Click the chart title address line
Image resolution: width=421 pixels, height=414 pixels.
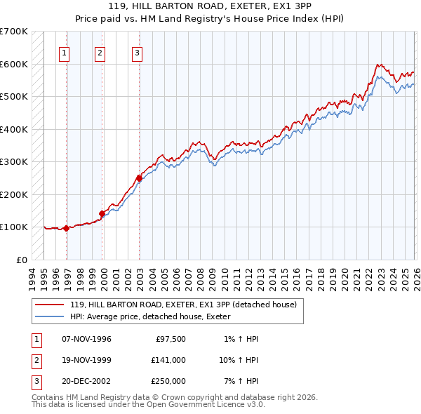pyautogui.click(x=210, y=7)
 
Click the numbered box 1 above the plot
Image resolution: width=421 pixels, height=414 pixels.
pyautogui.click(x=64, y=52)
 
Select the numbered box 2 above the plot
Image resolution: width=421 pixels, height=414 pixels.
pyautogui.click(x=100, y=52)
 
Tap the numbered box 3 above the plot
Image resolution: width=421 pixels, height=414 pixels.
pyautogui.click(x=137, y=52)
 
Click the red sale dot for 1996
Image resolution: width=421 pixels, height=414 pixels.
pyautogui.click(x=66, y=228)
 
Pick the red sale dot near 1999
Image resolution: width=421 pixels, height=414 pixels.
pyautogui.click(x=102, y=213)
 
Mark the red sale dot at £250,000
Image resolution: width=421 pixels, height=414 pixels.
pyautogui.click(x=139, y=178)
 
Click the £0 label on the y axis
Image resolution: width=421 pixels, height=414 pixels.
pyautogui.click(x=21, y=260)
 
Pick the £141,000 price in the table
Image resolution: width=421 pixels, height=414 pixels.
pyautogui.click(x=168, y=360)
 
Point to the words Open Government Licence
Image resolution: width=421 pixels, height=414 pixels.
pyautogui.click(x=209, y=404)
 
